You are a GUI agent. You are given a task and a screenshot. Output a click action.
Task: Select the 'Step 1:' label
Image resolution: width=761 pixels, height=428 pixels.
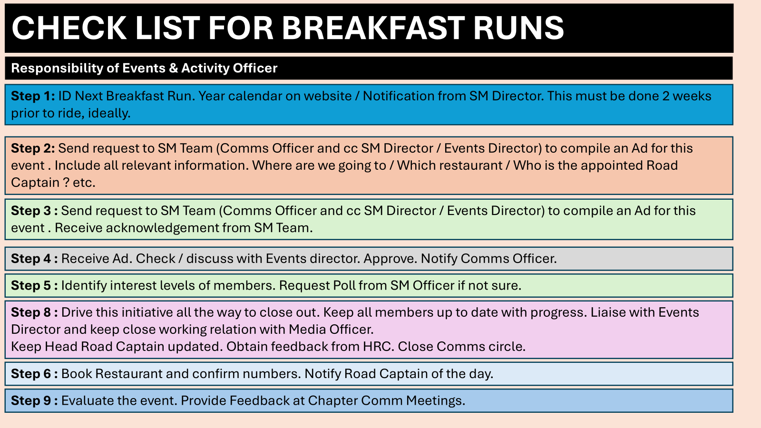point(33,96)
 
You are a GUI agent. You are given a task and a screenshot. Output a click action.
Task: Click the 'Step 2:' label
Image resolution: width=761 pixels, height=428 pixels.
point(33,148)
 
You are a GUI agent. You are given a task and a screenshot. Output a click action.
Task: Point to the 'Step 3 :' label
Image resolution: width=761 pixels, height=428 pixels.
point(34,211)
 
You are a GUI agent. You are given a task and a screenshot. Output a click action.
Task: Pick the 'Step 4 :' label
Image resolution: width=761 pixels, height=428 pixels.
point(34,259)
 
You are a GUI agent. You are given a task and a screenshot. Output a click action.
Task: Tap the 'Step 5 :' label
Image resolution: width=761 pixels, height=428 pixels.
point(34,286)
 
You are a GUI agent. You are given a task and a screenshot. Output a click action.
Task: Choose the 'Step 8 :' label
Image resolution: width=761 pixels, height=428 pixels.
point(34,312)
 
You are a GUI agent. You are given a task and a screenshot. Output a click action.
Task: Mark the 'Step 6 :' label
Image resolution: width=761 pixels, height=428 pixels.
point(34,374)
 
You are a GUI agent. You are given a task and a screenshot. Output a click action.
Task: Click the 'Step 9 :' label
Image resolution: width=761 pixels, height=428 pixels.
point(34,401)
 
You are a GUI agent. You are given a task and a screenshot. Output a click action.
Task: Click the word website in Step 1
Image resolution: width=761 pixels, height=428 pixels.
point(328,96)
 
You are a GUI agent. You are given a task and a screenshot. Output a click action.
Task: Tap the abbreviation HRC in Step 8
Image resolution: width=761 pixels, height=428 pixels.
point(378,347)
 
